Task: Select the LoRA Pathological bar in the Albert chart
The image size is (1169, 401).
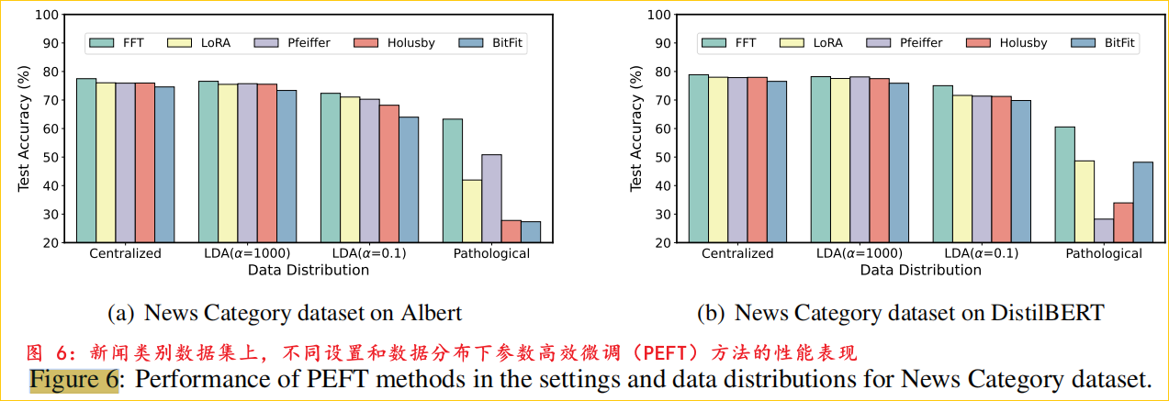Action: pos(472,211)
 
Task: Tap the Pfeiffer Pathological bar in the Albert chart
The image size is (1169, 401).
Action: pos(491,198)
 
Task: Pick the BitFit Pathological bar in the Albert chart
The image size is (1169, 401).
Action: pos(531,232)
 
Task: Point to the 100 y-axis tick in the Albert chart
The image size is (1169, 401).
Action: pos(46,15)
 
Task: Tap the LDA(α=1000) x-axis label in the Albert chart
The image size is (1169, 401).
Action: pos(247,253)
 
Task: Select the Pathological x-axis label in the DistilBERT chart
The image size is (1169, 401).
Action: pos(1103,253)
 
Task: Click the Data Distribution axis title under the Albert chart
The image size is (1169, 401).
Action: pos(308,270)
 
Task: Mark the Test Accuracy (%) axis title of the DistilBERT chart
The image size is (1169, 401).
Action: pos(635,128)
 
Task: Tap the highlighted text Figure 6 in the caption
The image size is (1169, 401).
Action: pos(73,378)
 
